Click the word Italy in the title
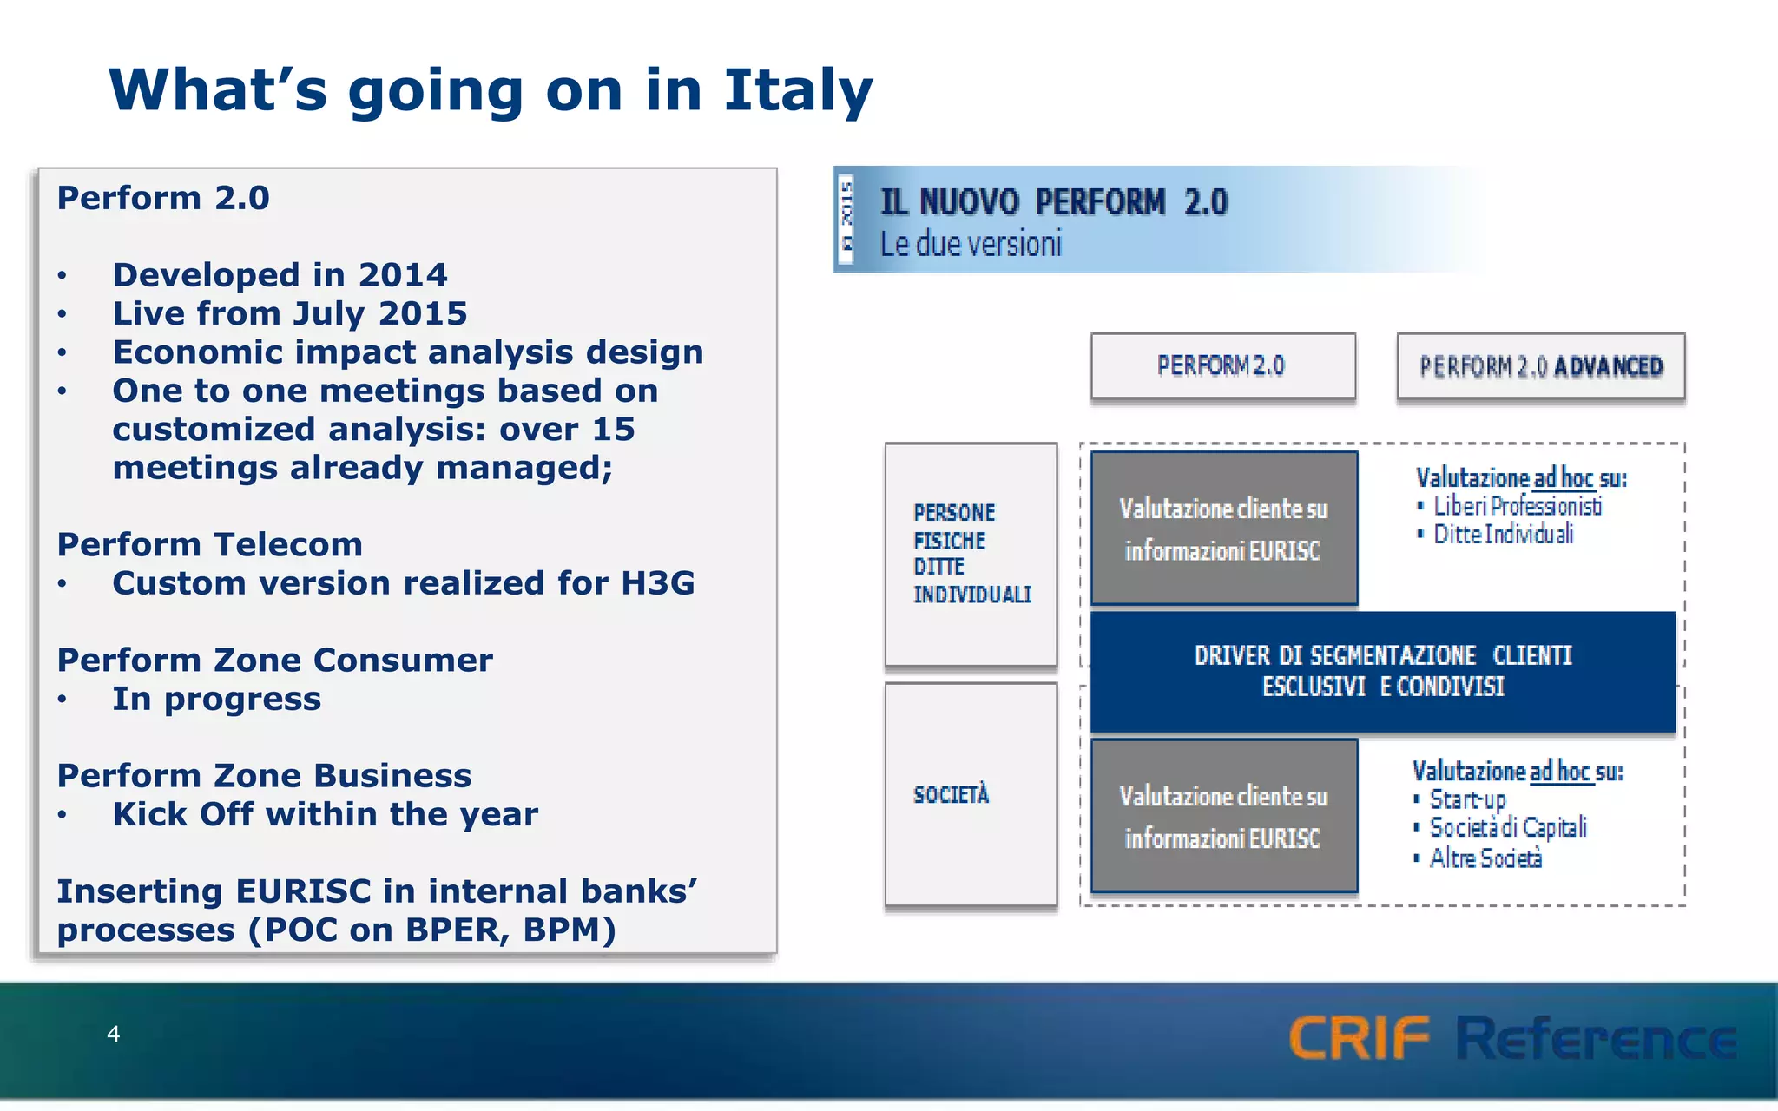click(x=797, y=90)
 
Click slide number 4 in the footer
click(x=113, y=1034)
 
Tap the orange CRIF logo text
click(x=1359, y=1038)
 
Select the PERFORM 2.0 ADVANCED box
click(x=1540, y=366)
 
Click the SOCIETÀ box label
click(x=952, y=794)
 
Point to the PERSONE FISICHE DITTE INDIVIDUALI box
click(x=971, y=554)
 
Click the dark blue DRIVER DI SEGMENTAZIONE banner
click(x=1382, y=671)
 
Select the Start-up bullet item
click(x=1467, y=799)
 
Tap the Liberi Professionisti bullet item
click(x=1517, y=506)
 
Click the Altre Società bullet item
click(x=1485, y=858)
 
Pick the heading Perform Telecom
click(x=209, y=545)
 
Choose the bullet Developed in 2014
click(x=280, y=275)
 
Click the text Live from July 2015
click(x=289, y=313)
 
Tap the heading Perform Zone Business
click(x=264, y=776)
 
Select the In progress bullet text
click(x=216, y=699)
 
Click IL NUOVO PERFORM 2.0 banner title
click(x=1053, y=202)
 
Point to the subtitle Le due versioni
click(x=971, y=244)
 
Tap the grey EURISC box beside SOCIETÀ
click(x=1223, y=817)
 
